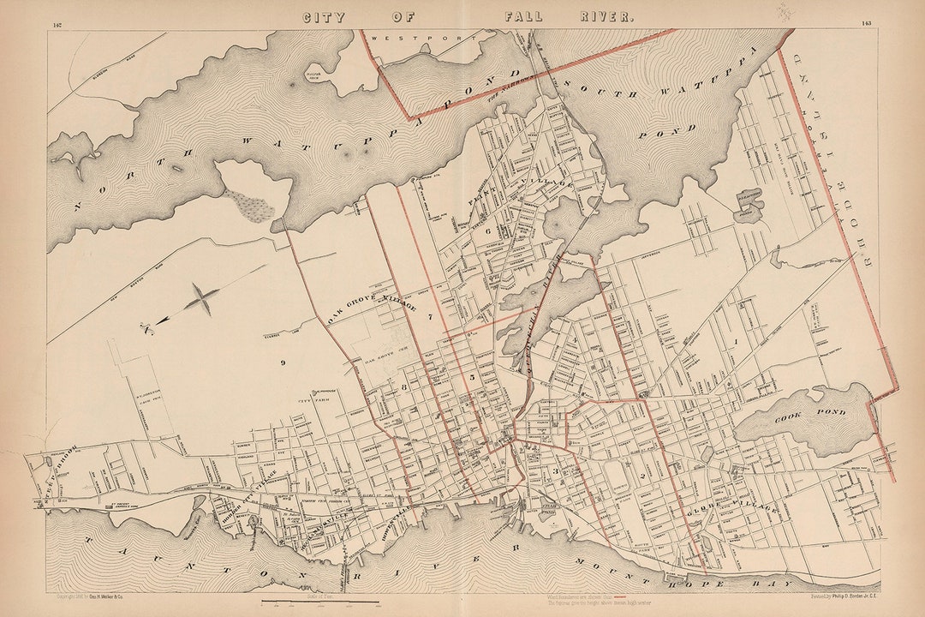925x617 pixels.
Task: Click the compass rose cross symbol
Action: point(202,300)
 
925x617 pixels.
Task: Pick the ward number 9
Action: point(282,363)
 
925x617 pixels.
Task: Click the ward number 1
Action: point(736,342)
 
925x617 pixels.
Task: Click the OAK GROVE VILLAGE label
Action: point(373,313)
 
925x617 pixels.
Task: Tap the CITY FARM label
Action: point(307,400)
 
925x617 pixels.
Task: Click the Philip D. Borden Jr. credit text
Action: point(844,596)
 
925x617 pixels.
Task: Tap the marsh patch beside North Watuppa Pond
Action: point(249,205)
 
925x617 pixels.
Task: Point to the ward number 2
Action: point(654,474)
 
